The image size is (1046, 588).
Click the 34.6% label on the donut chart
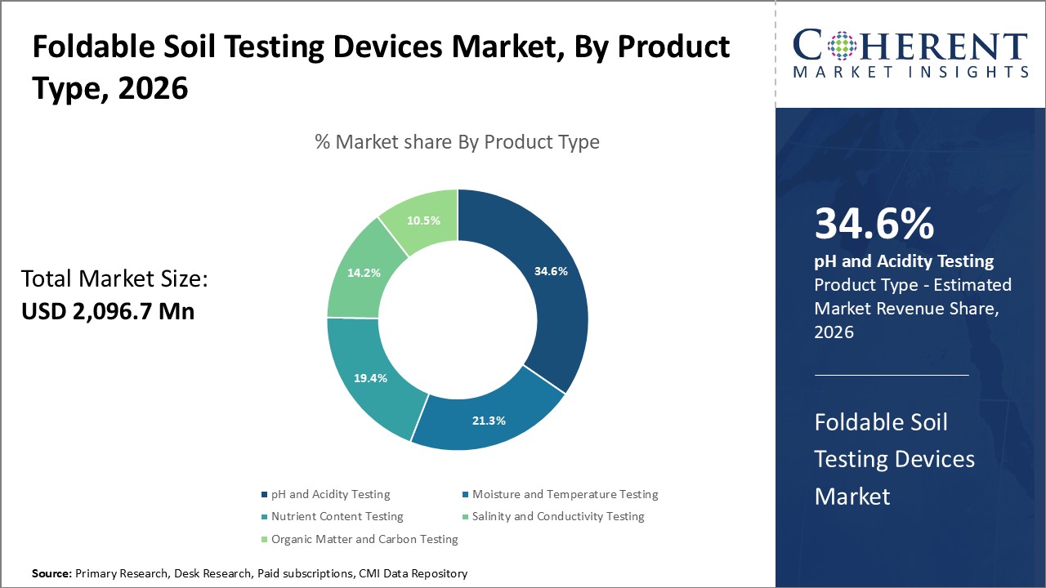[x=551, y=270]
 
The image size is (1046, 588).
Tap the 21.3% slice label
[x=489, y=421]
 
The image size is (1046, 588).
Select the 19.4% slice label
[x=370, y=378]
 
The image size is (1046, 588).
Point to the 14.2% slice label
[x=364, y=273]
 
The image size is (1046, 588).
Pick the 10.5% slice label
[x=423, y=220]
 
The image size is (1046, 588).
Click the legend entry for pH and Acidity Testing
[x=330, y=494]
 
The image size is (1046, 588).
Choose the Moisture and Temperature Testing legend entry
[x=565, y=494]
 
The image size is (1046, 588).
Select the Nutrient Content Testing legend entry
[x=337, y=516]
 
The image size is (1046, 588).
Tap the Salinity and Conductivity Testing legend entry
[x=557, y=516]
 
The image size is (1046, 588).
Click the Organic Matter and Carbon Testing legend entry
[x=364, y=539]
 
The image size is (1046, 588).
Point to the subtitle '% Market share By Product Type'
[x=457, y=142]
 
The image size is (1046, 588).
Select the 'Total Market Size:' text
[x=114, y=279]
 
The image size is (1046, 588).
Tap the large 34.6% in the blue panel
[x=874, y=223]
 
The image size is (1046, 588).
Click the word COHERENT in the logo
[x=910, y=47]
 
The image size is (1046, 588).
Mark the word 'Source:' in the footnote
[x=51, y=574]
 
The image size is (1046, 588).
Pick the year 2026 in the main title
[x=153, y=89]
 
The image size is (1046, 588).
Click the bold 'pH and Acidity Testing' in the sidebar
[x=904, y=261]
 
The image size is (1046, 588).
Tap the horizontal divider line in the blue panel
[x=892, y=376]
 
